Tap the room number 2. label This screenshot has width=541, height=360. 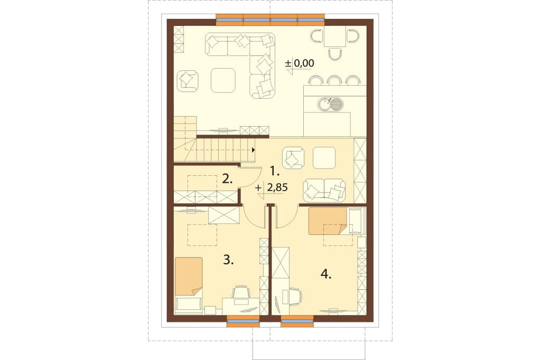pos(227,179)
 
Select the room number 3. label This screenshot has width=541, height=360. pos(228,259)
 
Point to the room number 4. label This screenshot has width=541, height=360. pos(326,274)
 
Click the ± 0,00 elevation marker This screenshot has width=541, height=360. pos(300,64)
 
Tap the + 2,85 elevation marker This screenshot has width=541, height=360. pos(272,188)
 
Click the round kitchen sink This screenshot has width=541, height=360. pos(324,104)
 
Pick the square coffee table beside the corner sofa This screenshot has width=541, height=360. pos(223,80)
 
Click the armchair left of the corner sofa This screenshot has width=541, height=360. pos(188,81)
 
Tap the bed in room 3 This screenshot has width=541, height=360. pos(189,286)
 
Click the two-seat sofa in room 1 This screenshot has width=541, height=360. pos(324,190)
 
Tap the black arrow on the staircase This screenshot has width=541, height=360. pos(254,150)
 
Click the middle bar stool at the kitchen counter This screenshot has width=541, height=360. pos(334,80)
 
